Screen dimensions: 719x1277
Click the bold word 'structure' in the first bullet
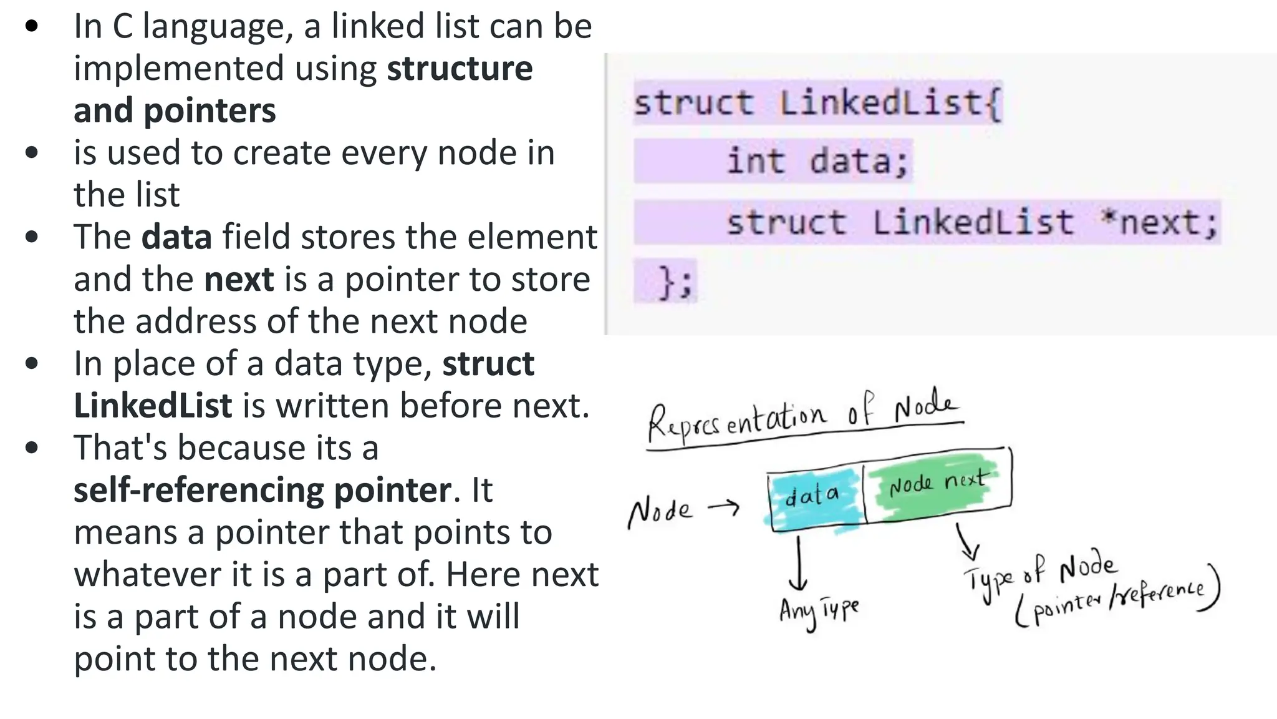click(x=460, y=69)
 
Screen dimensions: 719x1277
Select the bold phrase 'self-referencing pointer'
click(x=262, y=491)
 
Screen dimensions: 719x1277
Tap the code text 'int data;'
click(x=817, y=161)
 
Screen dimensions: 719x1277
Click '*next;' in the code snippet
click(x=1159, y=223)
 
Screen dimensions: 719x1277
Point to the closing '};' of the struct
click(x=675, y=282)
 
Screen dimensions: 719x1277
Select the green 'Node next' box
click(x=937, y=484)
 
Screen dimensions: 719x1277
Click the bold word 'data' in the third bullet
click(x=176, y=238)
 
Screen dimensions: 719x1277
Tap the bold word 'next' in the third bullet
click(x=239, y=280)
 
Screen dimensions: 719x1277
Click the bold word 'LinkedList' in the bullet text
click(x=153, y=406)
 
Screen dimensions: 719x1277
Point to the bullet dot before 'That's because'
click(x=32, y=448)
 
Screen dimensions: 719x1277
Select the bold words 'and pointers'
click(x=175, y=111)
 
